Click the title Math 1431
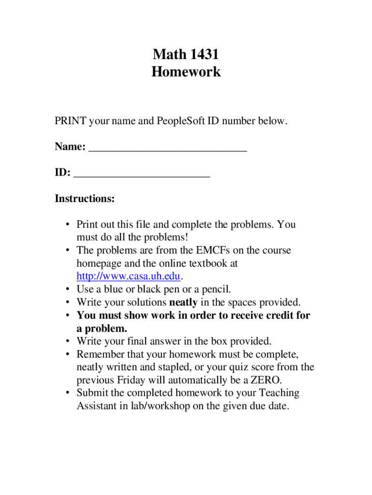[186, 54]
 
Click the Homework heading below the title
[186, 72]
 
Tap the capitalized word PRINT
[71, 121]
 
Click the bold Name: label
[70, 146]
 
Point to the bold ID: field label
[63, 173]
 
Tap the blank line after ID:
[142, 175]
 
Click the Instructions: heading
[85, 199]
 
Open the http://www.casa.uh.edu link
[128, 277]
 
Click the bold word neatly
[183, 303]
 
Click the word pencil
[215, 290]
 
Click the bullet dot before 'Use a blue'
[67, 290]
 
